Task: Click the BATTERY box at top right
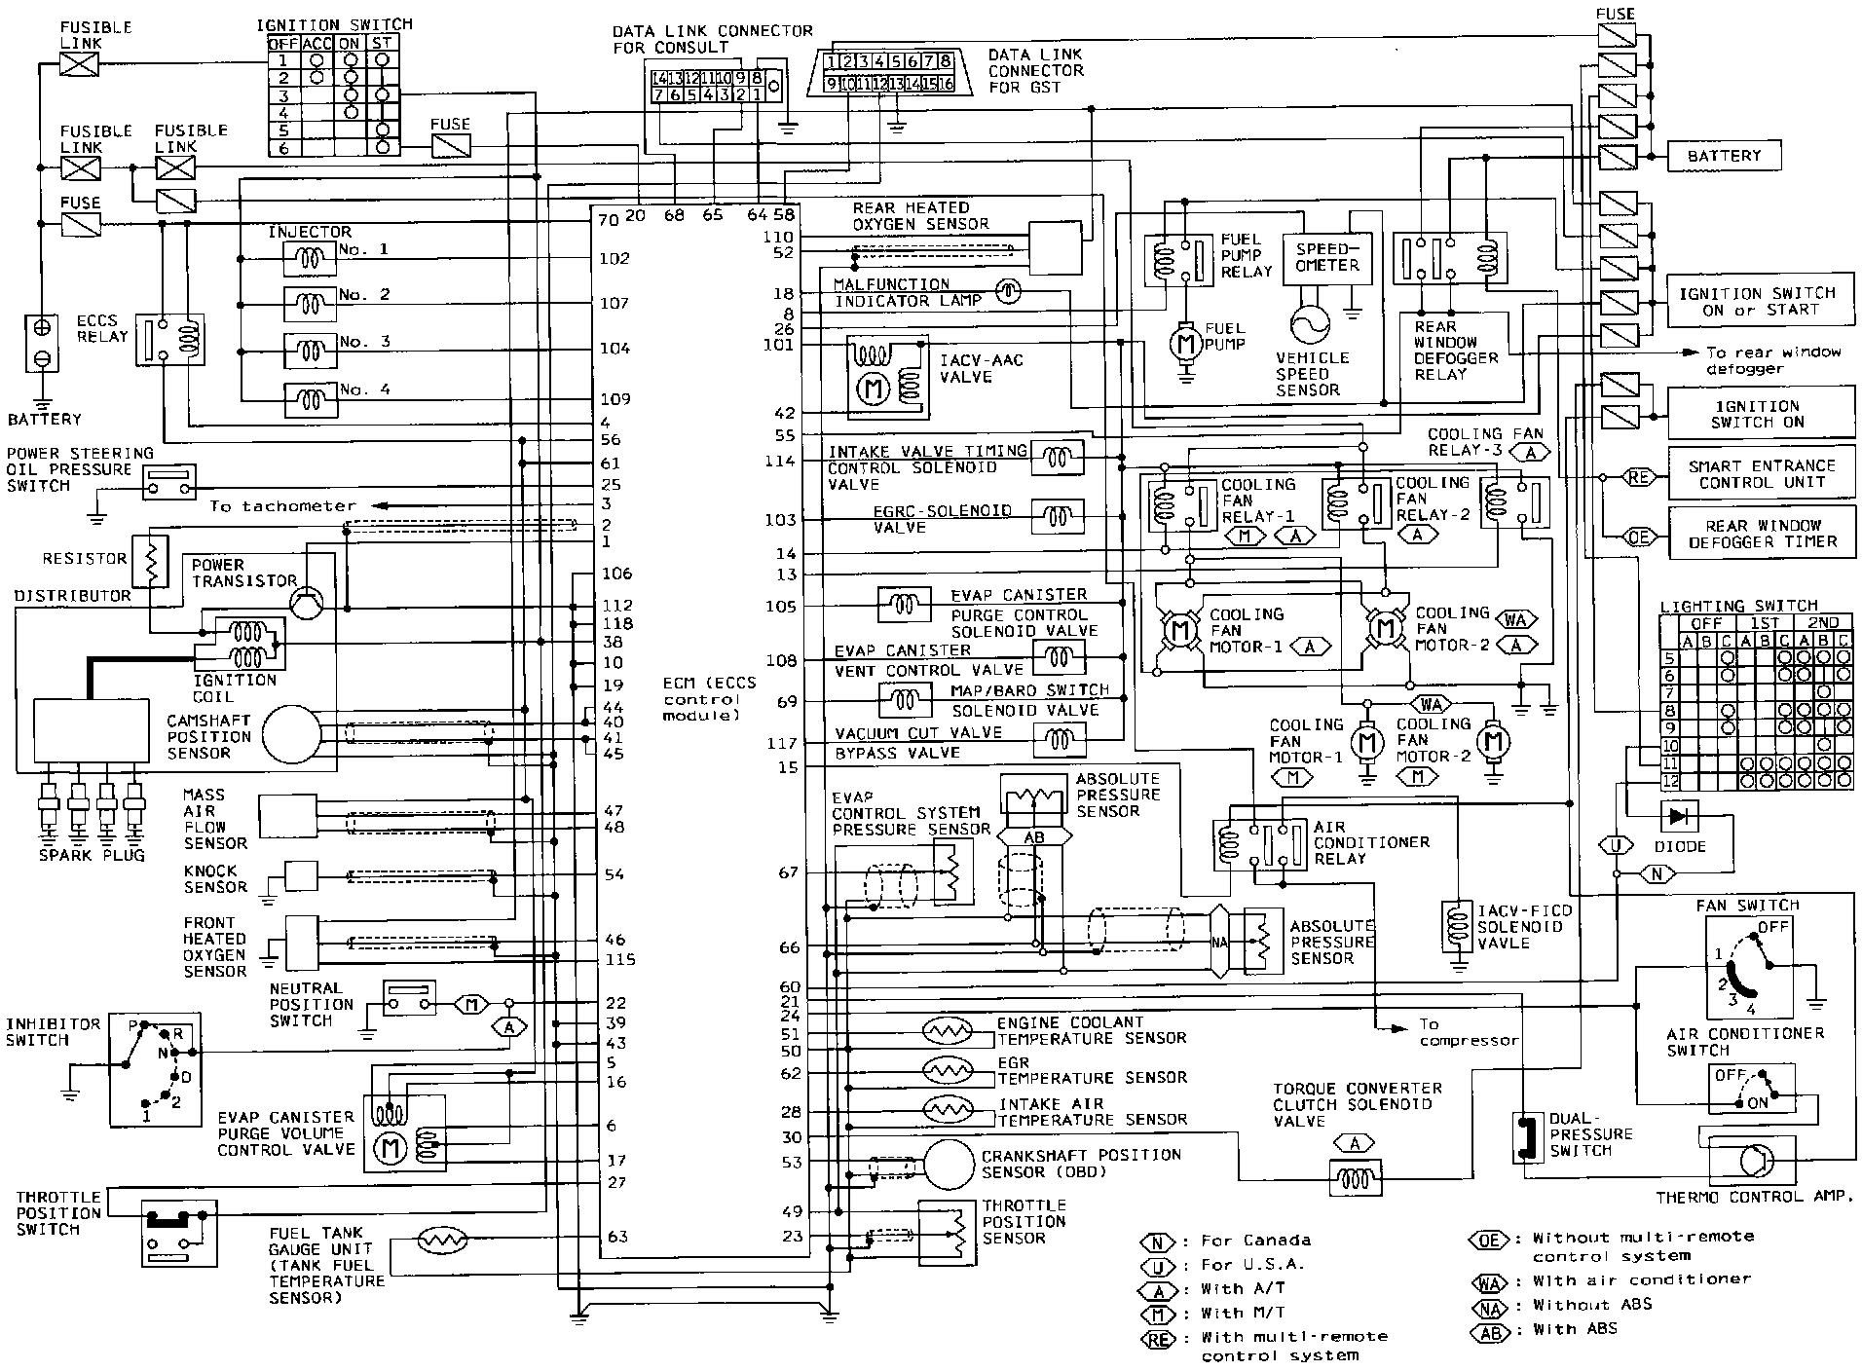pos(1725,156)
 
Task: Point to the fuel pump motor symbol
pos(1185,342)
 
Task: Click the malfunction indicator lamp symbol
pos(1008,291)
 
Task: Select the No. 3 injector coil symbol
pos(310,348)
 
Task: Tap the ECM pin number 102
pos(614,259)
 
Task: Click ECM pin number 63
pos(616,1238)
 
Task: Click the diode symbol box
pos(1678,815)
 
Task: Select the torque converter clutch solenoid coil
pos(1355,1179)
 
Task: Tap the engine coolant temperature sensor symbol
pos(947,1030)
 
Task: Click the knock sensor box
pos(301,874)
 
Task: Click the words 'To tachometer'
pos(282,506)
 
